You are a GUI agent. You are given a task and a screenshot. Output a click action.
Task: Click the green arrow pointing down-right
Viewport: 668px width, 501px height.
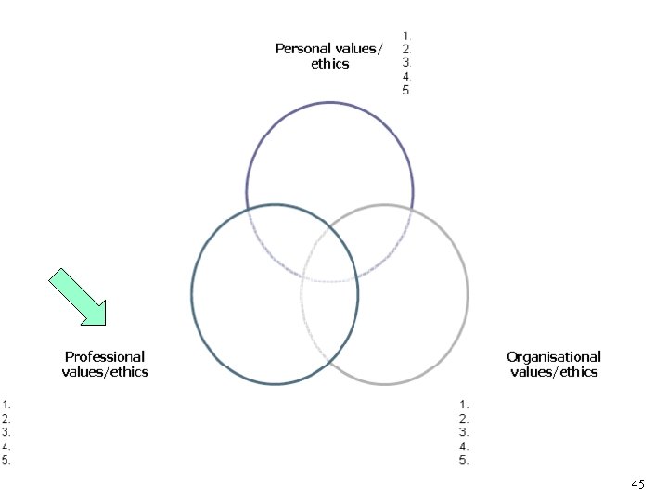click(x=79, y=297)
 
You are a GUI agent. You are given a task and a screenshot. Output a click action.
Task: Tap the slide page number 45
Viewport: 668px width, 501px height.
click(x=637, y=484)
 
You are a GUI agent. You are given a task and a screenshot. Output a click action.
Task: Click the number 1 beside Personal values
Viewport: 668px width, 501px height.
click(x=405, y=35)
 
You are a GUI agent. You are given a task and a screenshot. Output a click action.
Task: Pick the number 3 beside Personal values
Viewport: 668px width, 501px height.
click(x=405, y=62)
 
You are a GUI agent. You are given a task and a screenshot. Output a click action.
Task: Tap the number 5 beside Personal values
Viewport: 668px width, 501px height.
click(x=405, y=89)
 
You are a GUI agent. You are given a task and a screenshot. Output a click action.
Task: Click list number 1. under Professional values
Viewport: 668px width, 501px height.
click(x=6, y=404)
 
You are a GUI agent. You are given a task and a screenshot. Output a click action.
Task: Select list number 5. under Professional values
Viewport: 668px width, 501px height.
click(x=6, y=459)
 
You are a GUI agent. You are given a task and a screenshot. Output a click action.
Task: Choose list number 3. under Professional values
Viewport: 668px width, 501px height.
click(x=6, y=431)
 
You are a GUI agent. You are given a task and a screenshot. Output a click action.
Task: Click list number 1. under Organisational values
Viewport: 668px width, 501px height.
click(x=465, y=404)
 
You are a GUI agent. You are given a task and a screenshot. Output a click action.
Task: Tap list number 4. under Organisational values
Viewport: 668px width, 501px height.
click(x=465, y=445)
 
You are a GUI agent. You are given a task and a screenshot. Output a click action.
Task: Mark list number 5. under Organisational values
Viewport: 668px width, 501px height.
click(x=465, y=459)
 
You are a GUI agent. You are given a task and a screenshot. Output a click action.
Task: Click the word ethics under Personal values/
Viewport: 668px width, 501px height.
click(x=329, y=64)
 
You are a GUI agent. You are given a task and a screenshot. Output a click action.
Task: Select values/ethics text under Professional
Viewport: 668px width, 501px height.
click(x=105, y=372)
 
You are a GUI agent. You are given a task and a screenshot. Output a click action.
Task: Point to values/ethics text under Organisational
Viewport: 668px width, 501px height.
click(x=554, y=372)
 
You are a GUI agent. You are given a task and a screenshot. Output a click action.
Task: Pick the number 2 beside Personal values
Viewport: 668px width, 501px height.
click(x=405, y=49)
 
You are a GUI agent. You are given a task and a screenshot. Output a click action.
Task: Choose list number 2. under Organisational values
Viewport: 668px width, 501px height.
click(x=465, y=417)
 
